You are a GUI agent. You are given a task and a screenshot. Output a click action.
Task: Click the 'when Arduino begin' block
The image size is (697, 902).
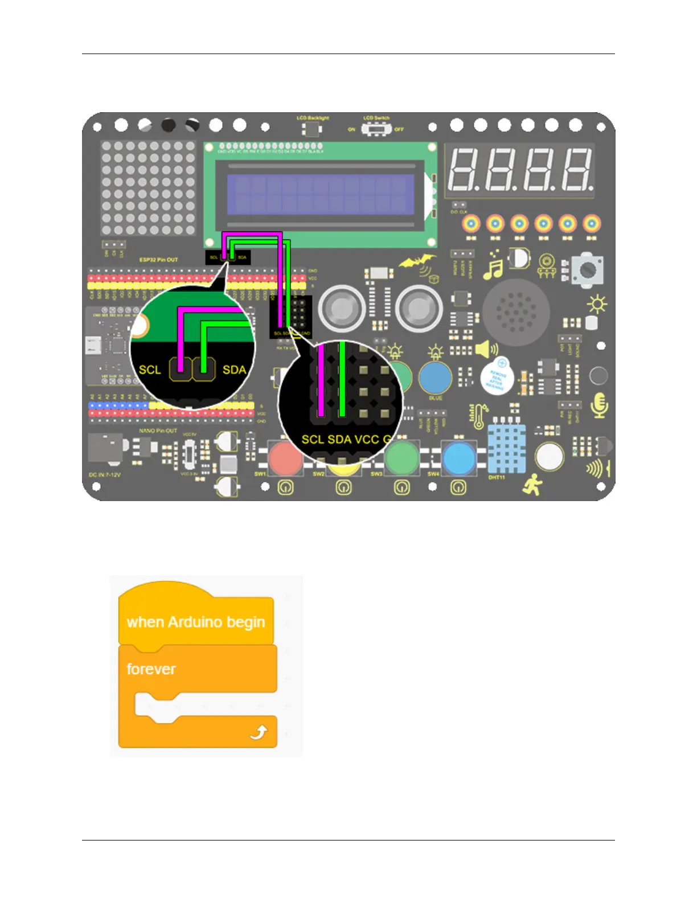tap(196, 621)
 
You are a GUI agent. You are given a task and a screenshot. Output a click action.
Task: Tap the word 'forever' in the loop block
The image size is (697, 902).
tap(151, 669)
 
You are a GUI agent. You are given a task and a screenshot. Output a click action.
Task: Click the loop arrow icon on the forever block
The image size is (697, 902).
tap(259, 732)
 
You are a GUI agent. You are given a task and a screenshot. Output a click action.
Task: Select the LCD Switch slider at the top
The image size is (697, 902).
tap(376, 129)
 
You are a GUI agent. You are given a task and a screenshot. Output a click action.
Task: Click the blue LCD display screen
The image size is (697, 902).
tap(320, 194)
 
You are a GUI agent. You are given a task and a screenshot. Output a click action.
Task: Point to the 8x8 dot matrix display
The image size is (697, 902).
tap(148, 188)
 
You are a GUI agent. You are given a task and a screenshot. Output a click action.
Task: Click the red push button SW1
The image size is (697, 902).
tap(285, 459)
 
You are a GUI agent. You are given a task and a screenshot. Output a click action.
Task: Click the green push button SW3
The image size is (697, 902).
tap(402, 458)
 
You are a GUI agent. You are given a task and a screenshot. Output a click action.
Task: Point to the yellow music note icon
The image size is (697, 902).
tap(493, 266)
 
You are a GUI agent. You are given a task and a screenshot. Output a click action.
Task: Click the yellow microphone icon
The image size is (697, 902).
tap(599, 405)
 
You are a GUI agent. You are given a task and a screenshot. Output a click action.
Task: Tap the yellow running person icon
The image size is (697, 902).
tap(532, 485)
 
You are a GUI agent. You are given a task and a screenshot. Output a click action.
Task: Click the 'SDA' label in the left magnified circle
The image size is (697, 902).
tap(234, 370)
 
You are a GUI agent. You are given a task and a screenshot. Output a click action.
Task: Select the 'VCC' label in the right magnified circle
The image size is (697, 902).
tap(367, 439)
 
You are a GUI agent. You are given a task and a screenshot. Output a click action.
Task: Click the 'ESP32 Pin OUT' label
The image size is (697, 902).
tap(159, 260)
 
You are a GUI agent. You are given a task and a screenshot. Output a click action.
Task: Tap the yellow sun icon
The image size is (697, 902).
tap(597, 305)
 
